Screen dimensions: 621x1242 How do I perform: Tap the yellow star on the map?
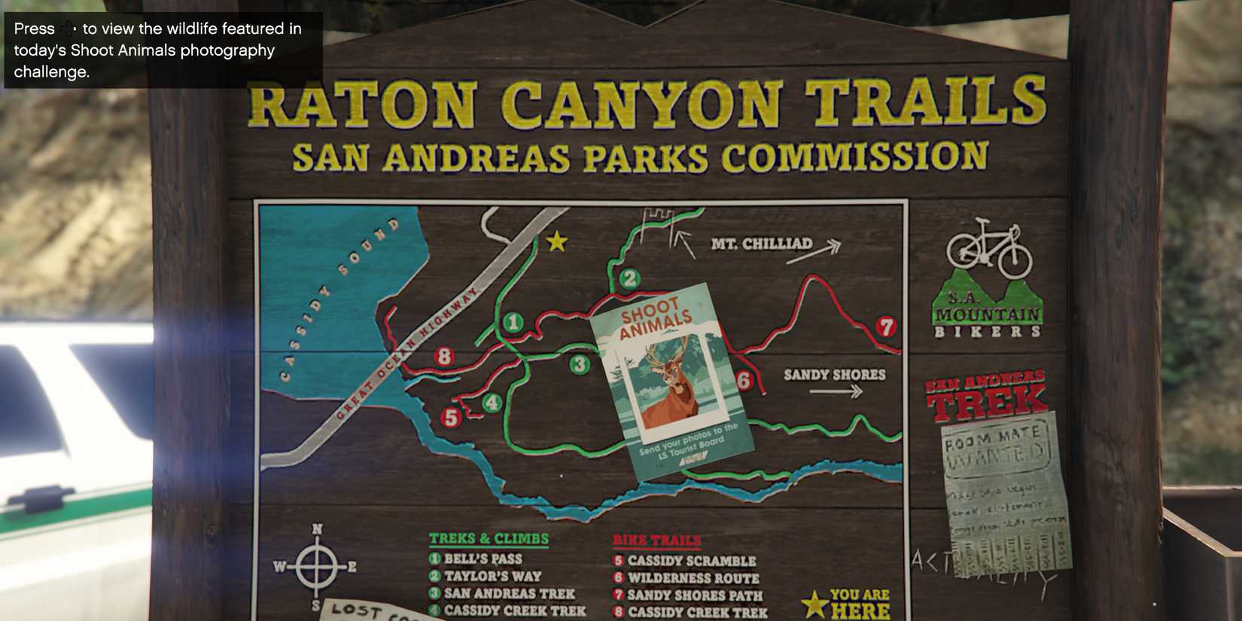click(x=556, y=242)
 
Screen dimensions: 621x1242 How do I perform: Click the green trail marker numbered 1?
click(x=513, y=323)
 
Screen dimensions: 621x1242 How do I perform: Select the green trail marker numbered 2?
click(x=629, y=279)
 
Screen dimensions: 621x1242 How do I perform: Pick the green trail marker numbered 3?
click(x=579, y=365)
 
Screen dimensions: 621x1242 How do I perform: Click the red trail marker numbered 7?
click(x=886, y=327)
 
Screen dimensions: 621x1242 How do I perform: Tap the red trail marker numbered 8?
click(x=444, y=356)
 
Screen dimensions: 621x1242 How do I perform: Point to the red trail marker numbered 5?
click(x=451, y=417)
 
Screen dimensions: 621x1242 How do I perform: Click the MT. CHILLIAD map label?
click(x=761, y=244)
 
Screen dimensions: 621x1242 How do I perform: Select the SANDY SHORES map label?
click(x=834, y=374)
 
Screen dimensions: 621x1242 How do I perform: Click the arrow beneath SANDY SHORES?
click(x=836, y=391)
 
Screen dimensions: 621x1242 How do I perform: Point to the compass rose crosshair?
click(x=316, y=566)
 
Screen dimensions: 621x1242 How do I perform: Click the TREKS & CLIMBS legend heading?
click(x=489, y=539)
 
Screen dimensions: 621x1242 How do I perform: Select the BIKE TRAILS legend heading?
click(x=656, y=540)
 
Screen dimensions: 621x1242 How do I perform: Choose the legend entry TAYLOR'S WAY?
click(x=492, y=576)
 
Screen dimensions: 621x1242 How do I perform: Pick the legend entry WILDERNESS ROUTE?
click(x=693, y=578)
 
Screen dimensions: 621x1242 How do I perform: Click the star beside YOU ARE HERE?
click(x=814, y=604)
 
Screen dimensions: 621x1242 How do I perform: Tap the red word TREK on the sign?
click(x=986, y=403)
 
